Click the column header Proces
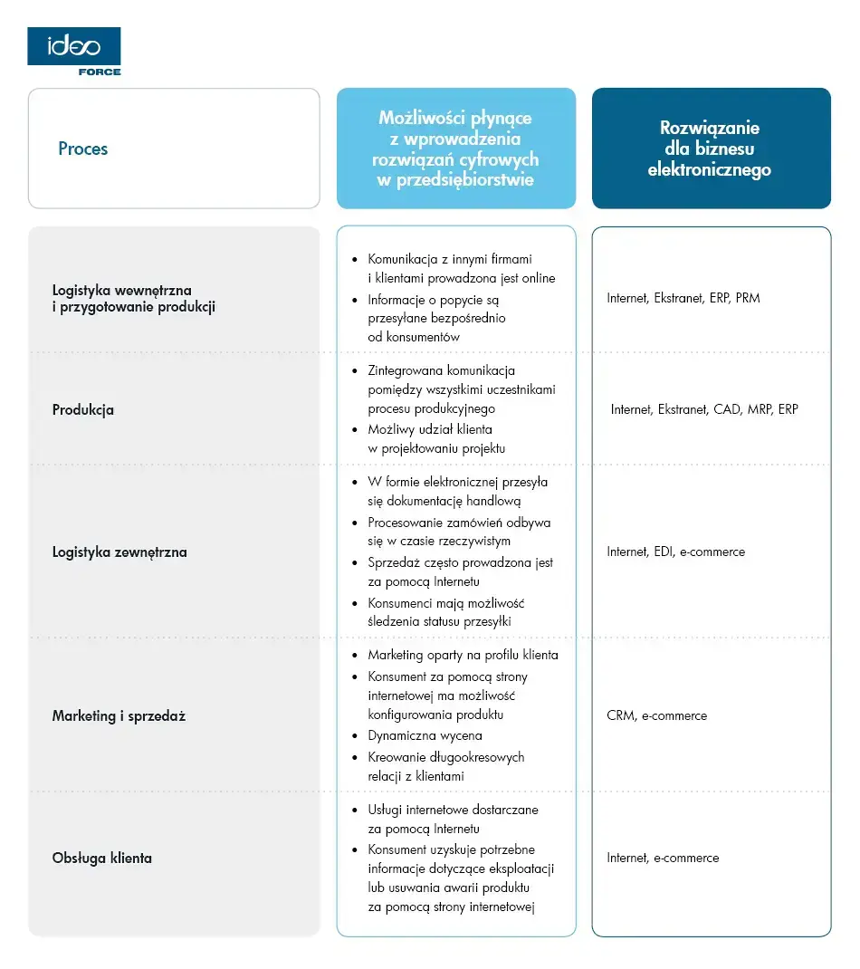click(x=82, y=149)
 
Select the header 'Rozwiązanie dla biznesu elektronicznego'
click(x=710, y=149)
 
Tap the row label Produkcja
click(x=83, y=409)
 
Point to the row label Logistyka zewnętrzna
click(x=119, y=552)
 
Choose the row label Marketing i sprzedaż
click(x=119, y=715)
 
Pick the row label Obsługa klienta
click(x=102, y=858)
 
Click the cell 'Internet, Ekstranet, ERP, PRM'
click(x=683, y=298)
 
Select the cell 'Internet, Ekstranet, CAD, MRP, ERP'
click(x=704, y=409)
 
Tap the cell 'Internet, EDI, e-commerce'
click(x=676, y=552)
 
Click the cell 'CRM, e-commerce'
click(x=657, y=715)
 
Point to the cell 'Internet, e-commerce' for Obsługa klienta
click(x=663, y=858)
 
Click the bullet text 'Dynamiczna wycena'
click(x=425, y=735)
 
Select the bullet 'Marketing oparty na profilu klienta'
click(x=463, y=655)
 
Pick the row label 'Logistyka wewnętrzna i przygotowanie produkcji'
click(x=134, y=298)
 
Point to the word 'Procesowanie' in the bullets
click(x=404, y=523)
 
